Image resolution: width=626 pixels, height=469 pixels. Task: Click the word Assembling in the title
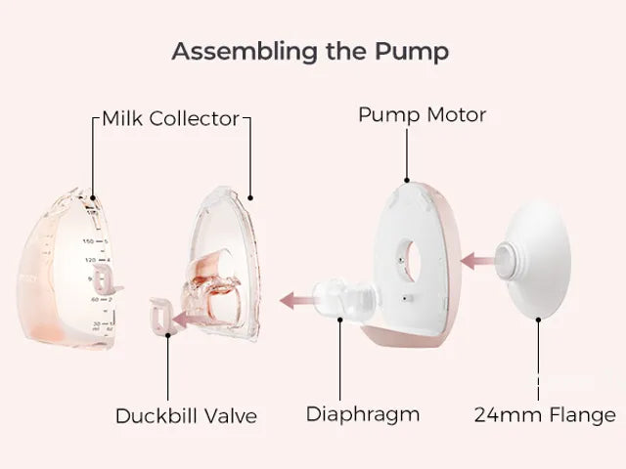click(x=245, y=52)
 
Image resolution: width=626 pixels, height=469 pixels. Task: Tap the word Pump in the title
click(x=412, y=52)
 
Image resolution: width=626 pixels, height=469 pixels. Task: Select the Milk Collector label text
click(x=170, y=118)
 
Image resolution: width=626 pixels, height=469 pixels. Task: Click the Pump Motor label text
click(x=422, y=115)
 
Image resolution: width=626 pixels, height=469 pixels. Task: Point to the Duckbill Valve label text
click(x=186, y=416)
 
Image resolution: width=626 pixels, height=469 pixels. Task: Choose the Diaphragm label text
click(x=363, y=414)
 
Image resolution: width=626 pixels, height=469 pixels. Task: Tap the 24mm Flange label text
click(x=545, y=414)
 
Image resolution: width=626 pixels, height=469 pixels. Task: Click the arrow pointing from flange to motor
click(x=477, y=261)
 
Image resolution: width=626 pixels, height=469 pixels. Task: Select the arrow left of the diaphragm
click(x=297, y=300)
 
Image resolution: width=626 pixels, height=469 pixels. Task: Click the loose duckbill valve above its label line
click(x=160, y=316)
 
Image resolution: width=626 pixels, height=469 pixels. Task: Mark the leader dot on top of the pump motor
click(x=407, y=180)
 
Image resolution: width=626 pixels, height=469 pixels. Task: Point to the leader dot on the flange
click(x=538, y=320)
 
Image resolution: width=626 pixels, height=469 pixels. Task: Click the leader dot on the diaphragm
click(x=340, y=320)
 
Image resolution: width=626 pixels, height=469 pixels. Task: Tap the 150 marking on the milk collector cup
click(x=88, y=241)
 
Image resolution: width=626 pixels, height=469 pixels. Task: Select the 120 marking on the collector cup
click(x=90, y=260)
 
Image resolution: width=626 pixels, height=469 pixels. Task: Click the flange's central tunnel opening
click(x=505, y=261)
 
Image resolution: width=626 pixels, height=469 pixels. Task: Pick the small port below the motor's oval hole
click(x=406, y=298)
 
